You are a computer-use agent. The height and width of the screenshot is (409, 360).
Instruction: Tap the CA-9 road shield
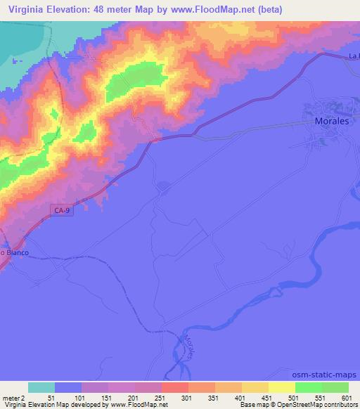click(63, 209)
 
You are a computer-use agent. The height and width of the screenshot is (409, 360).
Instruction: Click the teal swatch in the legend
click(41, 387)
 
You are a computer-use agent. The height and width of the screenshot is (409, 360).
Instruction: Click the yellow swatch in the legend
click(282, 387)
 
